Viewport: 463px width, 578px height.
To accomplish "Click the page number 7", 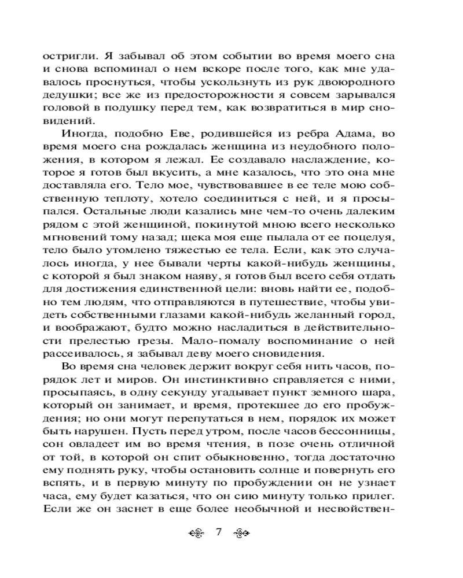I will pos(218,532).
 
